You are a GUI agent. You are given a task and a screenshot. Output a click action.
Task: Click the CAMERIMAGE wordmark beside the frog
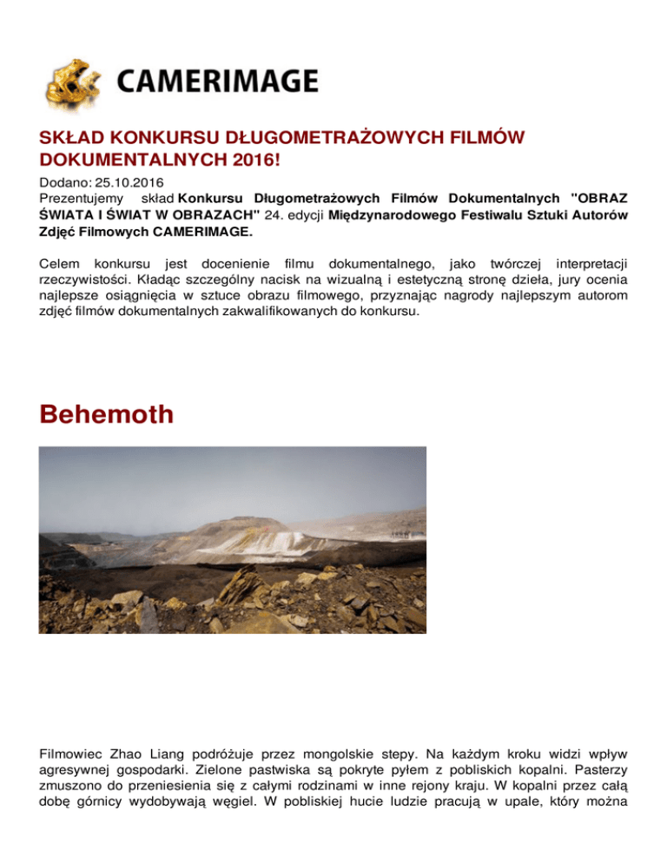point(216,82)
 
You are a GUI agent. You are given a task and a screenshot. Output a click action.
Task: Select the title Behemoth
point(107,413)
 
